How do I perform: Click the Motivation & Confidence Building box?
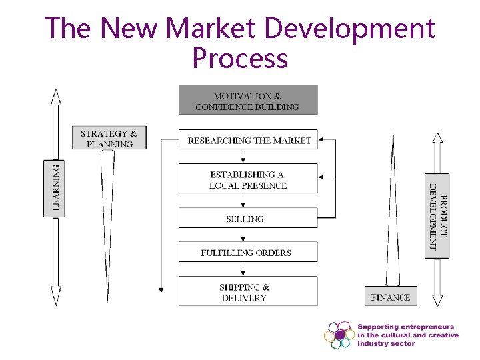pos(248,101)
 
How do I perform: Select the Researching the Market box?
pos(248,140)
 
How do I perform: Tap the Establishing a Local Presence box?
pos(248,179)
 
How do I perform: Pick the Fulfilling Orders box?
pos(247,252)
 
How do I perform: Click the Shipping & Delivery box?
pos(245,292)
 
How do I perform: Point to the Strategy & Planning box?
pos(109,138)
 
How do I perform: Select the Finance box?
pos(391,297)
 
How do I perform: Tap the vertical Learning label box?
pos(55,188)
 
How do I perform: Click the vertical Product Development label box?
pos(437,215)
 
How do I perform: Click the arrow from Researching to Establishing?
pos(245,157)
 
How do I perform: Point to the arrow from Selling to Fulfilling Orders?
pos(245,235)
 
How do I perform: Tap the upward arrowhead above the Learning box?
pos(55,96)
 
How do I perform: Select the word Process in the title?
pos(240,59)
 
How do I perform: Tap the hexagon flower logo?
pos(339,334)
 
